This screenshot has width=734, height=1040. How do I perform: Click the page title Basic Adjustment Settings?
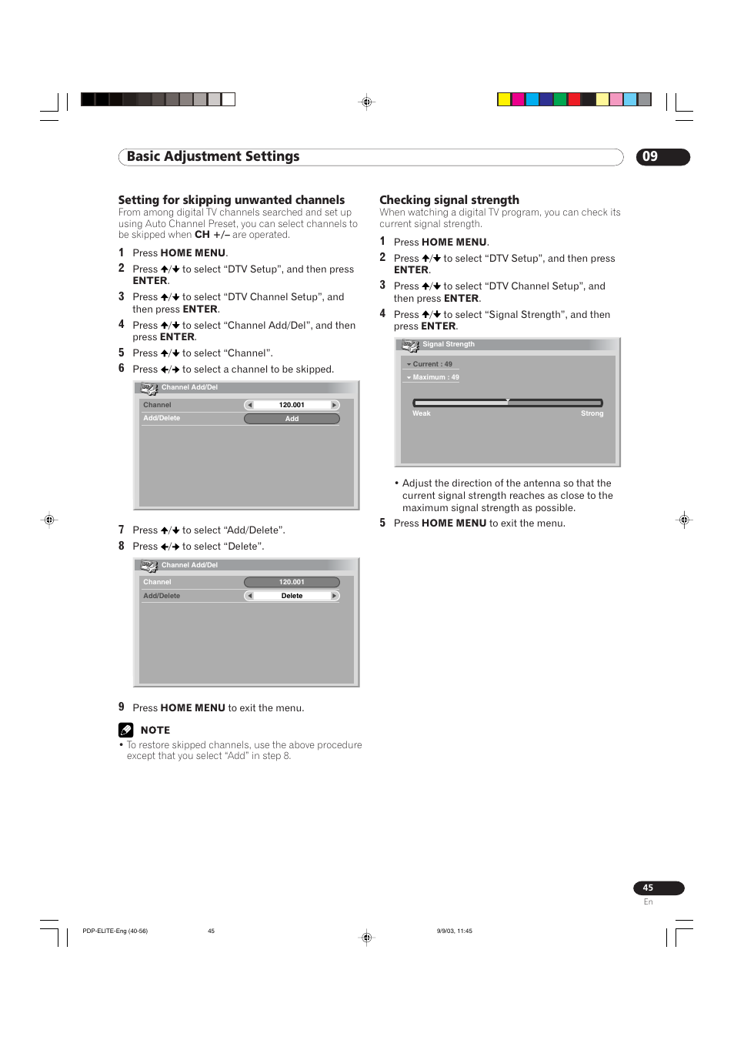(x=213, y=156)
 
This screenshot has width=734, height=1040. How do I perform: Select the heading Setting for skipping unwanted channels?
(x=231, y=199)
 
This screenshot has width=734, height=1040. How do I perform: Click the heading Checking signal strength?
(x=449, y=199)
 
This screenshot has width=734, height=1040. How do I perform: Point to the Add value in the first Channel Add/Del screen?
(x=292, y=419)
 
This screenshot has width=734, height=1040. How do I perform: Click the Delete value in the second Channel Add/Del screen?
(x=292, y=596)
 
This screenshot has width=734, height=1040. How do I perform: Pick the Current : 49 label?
(x=432, y=364)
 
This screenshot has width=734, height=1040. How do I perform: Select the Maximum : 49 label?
(x=435, y=377)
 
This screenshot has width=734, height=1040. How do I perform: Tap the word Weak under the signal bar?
(x=421, y=413)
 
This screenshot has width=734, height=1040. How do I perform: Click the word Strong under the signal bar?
(x=592, y=413)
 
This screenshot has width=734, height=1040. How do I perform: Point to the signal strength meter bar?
(x=507, y=403)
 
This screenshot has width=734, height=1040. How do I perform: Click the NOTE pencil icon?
(x=126, y=730)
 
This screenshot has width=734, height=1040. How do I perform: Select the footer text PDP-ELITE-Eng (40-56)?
(x=115, y=931)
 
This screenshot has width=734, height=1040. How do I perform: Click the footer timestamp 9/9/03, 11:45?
(x=454, y=931)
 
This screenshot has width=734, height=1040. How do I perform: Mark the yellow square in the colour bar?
(x=504, y=99)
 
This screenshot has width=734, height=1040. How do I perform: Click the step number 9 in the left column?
(x=122, y=707)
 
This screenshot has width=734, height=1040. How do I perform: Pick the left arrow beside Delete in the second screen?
(x=249, y=596)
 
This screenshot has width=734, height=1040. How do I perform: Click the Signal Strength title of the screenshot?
(x=448, y=344)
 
